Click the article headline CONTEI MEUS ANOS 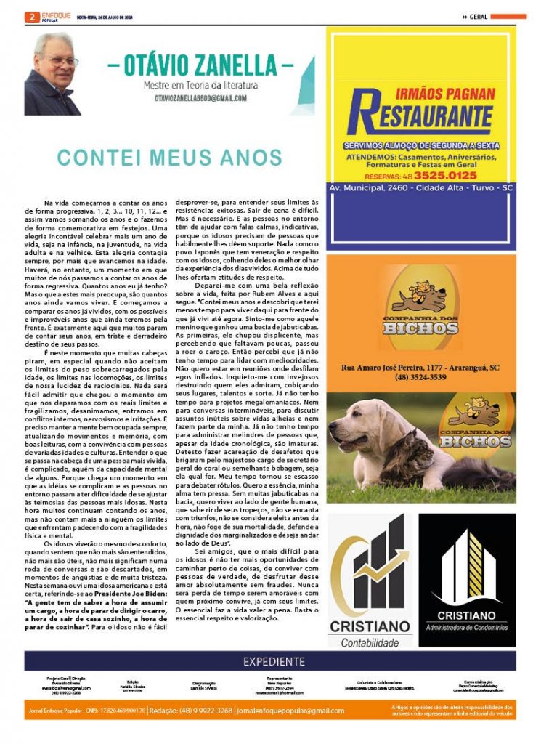pos(159,157)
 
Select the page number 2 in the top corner pos(32,16)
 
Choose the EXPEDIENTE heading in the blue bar pos(274,662)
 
